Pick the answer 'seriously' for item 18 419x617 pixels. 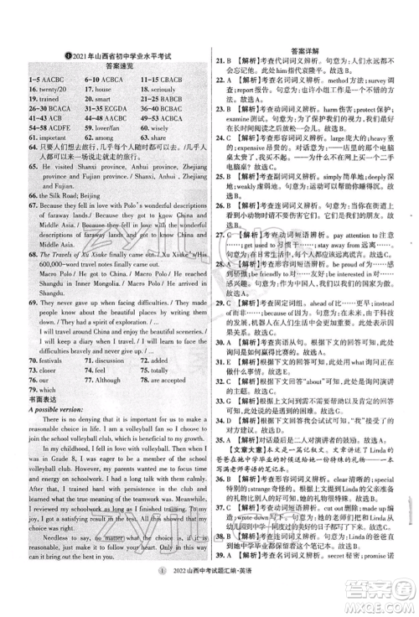coord(170,88)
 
